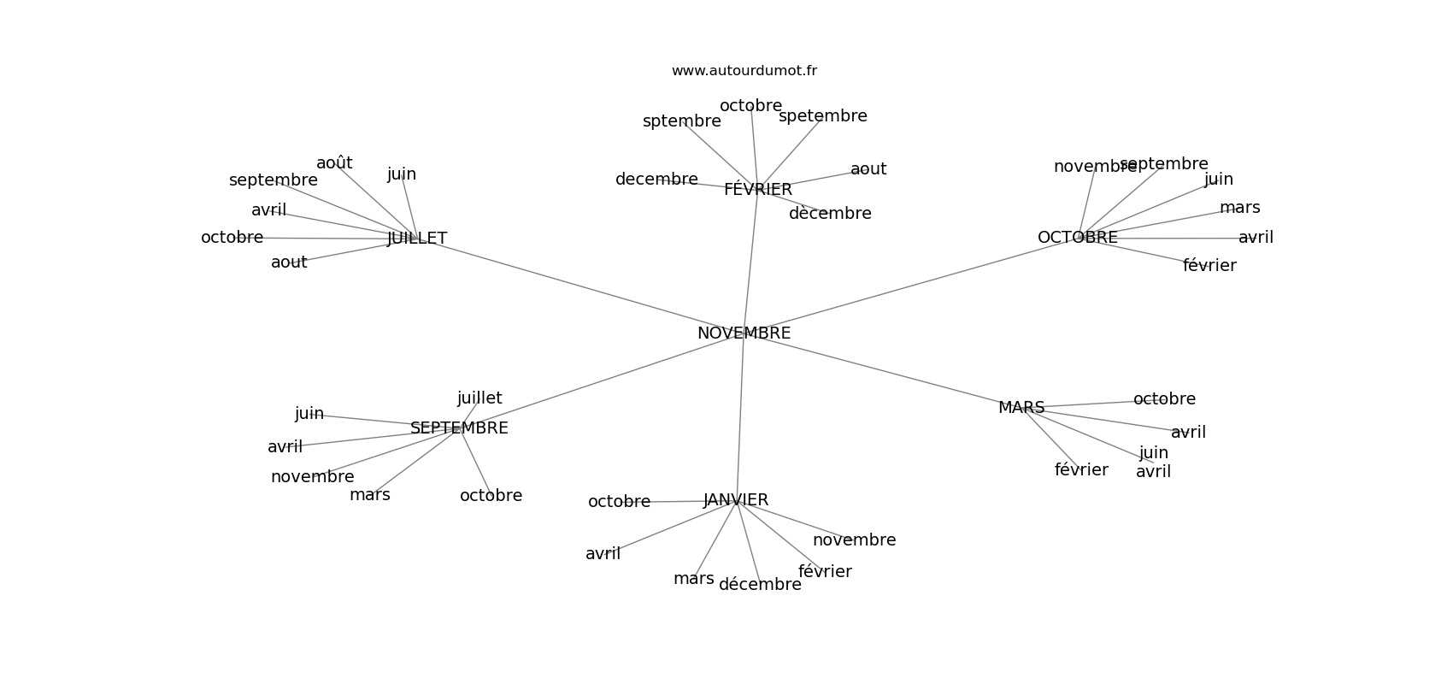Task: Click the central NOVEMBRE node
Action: coord(744,333)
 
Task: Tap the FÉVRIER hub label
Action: coord(757,190)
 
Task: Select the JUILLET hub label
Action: coord(417,239)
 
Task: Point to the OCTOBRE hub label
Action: coord(1077,238)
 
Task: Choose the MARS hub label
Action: coord(1021,408)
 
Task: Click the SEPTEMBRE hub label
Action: coord(459,428)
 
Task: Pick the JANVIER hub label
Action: coord(736,500)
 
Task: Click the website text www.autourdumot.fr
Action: coord(744,71)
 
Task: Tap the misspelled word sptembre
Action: coord(681,121)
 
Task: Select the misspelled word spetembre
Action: coord(822,116)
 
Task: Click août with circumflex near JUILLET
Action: coord(334,163)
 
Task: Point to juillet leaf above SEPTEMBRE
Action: coord(479,398)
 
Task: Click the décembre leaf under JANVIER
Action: coord(760,585)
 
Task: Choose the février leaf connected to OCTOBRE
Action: coord(1209,266)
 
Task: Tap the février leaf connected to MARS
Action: coord(1081,470)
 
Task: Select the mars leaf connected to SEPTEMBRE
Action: coord(369,495)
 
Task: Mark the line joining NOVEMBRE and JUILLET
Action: coord(581,286)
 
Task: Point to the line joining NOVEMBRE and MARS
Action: coord(880,370)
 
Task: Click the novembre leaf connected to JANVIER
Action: coord(854,540)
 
